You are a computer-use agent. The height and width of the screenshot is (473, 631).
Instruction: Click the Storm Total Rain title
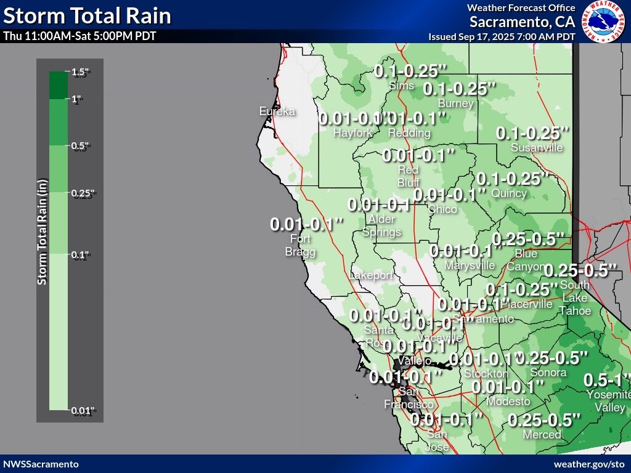[x=87, y=15]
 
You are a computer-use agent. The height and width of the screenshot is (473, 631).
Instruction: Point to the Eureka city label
[x=277, y=111]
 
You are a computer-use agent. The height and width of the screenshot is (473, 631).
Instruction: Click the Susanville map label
[x=537, y=148]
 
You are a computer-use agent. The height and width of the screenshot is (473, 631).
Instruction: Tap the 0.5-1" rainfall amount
[x=607, y=379]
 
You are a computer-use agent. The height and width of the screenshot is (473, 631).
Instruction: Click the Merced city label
[x=542, y=434]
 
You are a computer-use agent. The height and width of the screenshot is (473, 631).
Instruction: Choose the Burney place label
[x=455, y=103]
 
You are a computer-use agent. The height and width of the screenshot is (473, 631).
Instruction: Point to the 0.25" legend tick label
[x=83, y=193]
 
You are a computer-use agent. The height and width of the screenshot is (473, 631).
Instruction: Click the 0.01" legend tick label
[x=83, y=411]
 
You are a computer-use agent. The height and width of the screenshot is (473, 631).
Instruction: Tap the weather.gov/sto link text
[x=589, y=464]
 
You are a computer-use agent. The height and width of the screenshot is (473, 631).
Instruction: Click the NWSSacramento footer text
[x=41, y=464]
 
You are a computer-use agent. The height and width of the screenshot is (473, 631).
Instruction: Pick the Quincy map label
[x=509, y=193]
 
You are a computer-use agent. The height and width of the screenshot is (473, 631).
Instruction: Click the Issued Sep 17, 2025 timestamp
[x=502, y=37]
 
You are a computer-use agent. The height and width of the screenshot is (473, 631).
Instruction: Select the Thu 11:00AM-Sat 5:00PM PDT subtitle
[x=79, y=36]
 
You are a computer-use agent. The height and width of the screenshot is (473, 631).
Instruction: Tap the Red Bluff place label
[x=408, y=176]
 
